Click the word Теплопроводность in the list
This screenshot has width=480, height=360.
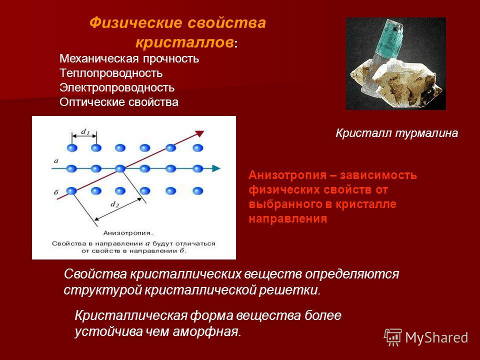point(111,73)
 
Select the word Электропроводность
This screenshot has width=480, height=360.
point(117,88)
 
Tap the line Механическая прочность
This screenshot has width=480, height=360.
point(129,59)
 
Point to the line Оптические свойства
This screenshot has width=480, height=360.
point(119,102)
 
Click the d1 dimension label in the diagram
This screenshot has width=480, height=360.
point(85,132)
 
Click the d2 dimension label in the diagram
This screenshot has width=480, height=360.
point(114,204)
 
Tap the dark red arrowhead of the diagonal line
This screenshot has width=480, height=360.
point(199,133)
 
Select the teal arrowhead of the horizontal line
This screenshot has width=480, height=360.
point(216,168)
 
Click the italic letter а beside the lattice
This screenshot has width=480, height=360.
point(56,160)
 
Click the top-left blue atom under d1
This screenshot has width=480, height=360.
point(72,148)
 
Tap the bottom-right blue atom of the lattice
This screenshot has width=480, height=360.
point(198,191)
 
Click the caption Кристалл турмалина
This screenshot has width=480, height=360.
point(396,133)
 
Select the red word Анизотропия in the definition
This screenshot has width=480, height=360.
point(288,175)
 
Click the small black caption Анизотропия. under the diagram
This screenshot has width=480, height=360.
point(128,233)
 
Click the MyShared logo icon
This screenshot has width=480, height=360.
point(393,337)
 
